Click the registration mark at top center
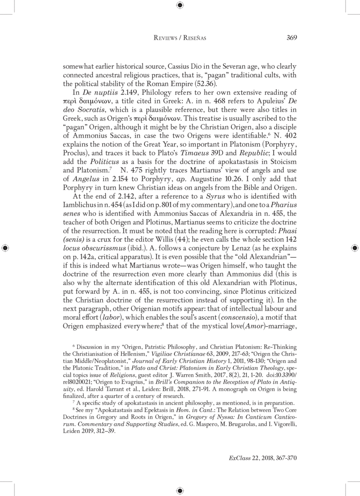(180, 5)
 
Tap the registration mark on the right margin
(354, 248)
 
